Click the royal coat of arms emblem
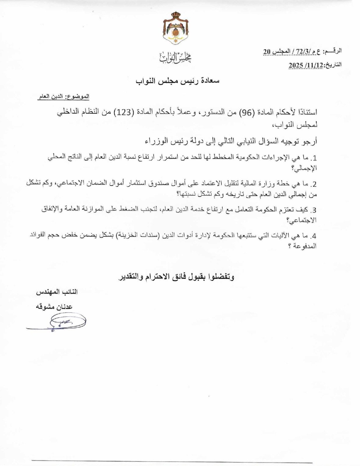tap(175, 28)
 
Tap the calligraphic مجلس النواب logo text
tap(175, 57)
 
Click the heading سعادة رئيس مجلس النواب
tap(178, 81)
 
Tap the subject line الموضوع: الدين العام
tap(63, 97)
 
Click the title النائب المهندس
tap(57, 292)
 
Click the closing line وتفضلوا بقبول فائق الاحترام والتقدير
tap(176, 277)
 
